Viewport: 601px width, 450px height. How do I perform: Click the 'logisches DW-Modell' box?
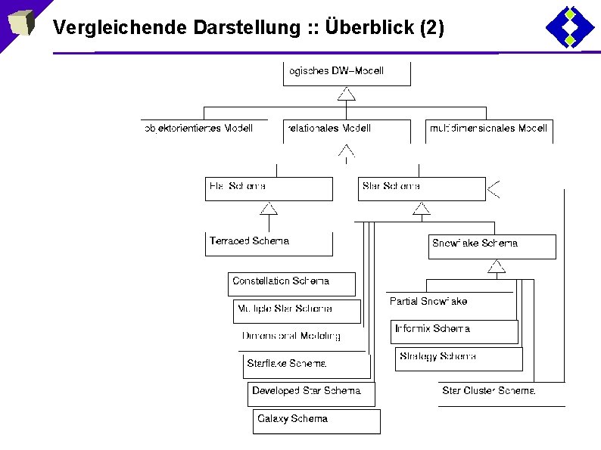347,73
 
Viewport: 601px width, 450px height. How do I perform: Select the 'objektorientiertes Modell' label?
198,129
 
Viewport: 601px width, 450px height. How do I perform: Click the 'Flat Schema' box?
269,188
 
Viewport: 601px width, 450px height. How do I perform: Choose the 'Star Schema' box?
422,188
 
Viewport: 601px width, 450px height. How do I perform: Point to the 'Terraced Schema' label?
250,241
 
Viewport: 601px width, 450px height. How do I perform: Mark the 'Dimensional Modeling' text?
291,336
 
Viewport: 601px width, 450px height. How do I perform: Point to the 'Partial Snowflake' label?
428,301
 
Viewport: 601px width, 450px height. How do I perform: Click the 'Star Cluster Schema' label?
489,391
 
